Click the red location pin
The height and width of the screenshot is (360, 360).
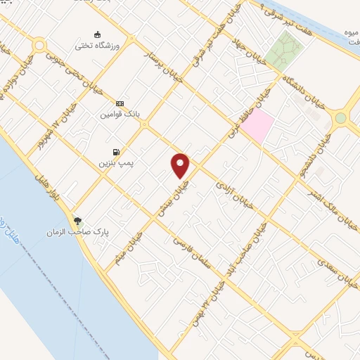pyautogui.click(x=181, y=165)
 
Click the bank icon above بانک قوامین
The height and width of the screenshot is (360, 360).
pyautogui.click(x=120, y=103)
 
